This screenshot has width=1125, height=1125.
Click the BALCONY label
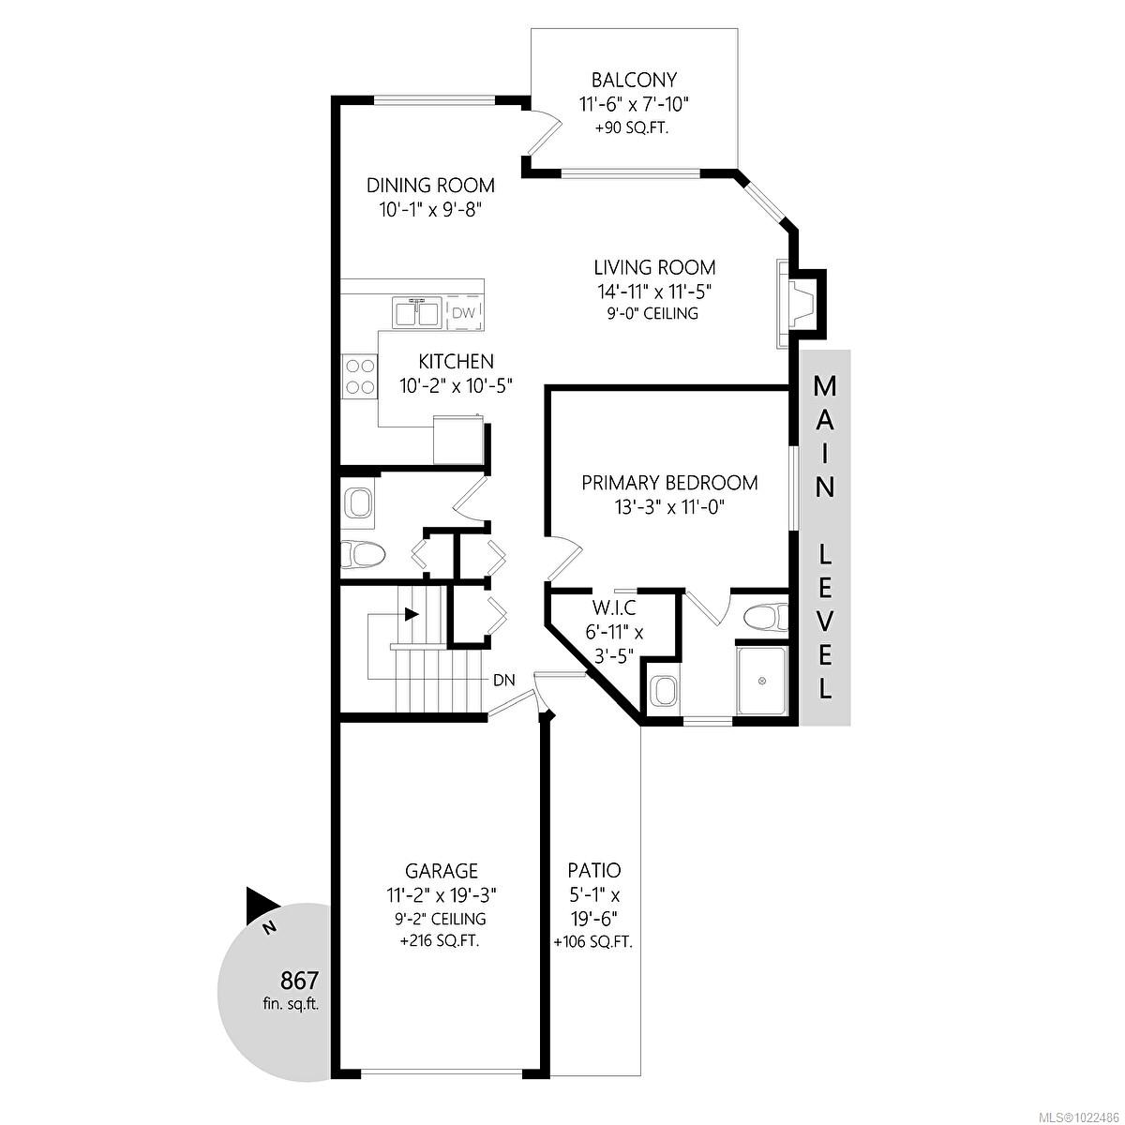pos(634,81)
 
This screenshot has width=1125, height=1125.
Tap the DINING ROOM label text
pos(430,186)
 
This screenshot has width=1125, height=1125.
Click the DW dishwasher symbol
pos(464,313)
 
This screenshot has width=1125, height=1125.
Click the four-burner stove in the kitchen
pos(358,376)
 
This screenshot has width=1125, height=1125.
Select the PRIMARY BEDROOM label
pos(669,484)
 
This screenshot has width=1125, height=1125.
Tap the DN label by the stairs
pos(503,680)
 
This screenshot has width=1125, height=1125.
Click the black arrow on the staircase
pos(412,615)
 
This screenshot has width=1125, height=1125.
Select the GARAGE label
pos(442,871)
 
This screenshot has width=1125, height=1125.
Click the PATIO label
pos(593,871)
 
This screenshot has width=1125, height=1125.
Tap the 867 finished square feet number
pos(300,982)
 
